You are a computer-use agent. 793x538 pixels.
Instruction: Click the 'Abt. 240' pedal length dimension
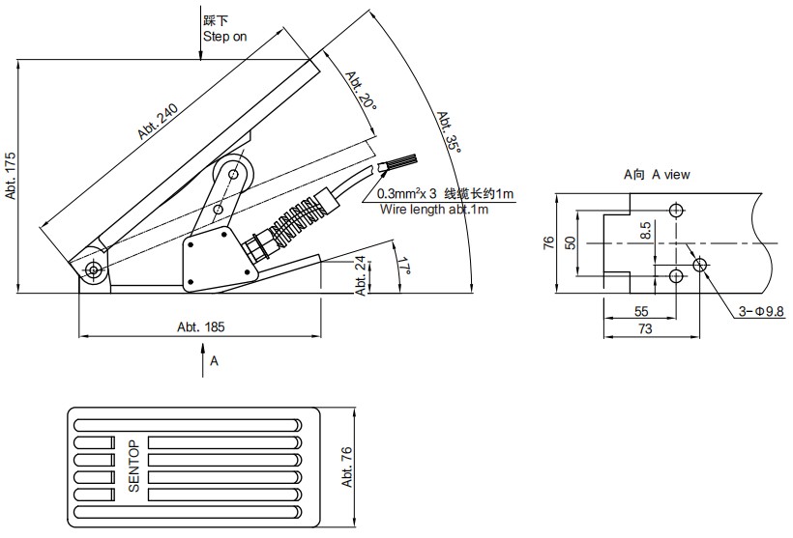tap(156, 122)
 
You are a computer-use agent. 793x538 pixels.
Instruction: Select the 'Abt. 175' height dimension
tap(11, 175)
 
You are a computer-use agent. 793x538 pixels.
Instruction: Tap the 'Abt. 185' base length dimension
tap(200, 327)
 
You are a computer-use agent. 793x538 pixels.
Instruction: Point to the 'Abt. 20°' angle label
tap(359, 89)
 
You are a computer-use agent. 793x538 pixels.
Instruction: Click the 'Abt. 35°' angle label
tap(448, 131)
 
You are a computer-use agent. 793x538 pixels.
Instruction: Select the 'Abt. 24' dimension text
tap(361, 274)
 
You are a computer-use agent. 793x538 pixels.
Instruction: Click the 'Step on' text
tap(225, 37)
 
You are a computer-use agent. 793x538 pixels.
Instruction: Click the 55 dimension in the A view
tap(640, 312)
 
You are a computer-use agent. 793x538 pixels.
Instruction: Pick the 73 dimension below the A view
tap(645, 329)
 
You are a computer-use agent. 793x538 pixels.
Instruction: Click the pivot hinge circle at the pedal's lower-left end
tap(93, 269)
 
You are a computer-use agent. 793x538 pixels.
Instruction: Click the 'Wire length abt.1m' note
tap(433, 209)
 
